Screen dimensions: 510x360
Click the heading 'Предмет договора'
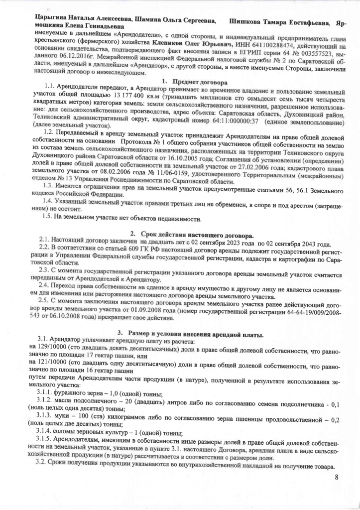coord(199,81)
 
